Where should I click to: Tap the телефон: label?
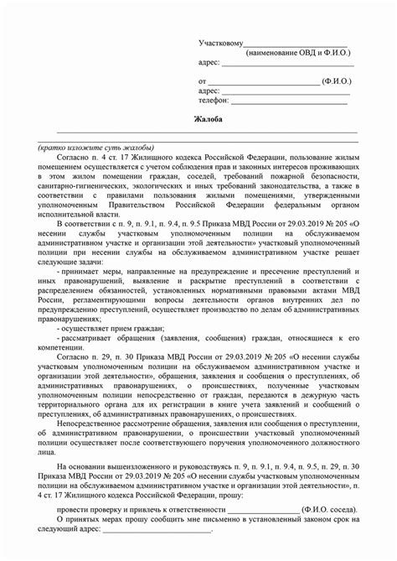(214, 100)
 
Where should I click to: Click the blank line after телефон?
(289, 101)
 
